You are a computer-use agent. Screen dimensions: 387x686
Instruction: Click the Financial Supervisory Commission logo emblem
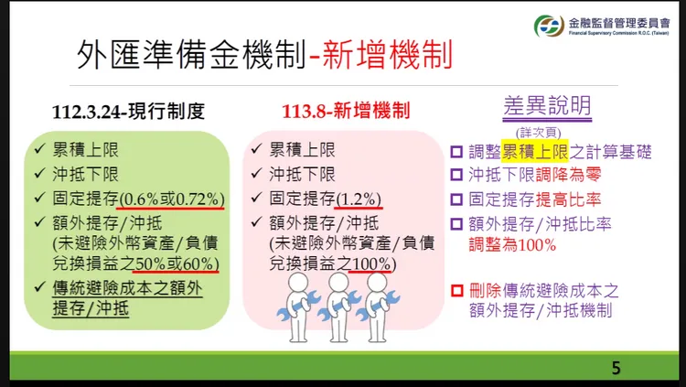click(x=548, y=26)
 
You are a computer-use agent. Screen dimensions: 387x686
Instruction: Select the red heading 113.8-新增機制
click(x=346, y=112)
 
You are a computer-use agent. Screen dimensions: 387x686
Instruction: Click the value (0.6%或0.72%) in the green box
click(x=172, y=198)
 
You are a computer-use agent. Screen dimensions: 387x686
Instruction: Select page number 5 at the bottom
click(x=616, y=368)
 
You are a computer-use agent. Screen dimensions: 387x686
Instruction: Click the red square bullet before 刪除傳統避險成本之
click(x=456, y=291)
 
